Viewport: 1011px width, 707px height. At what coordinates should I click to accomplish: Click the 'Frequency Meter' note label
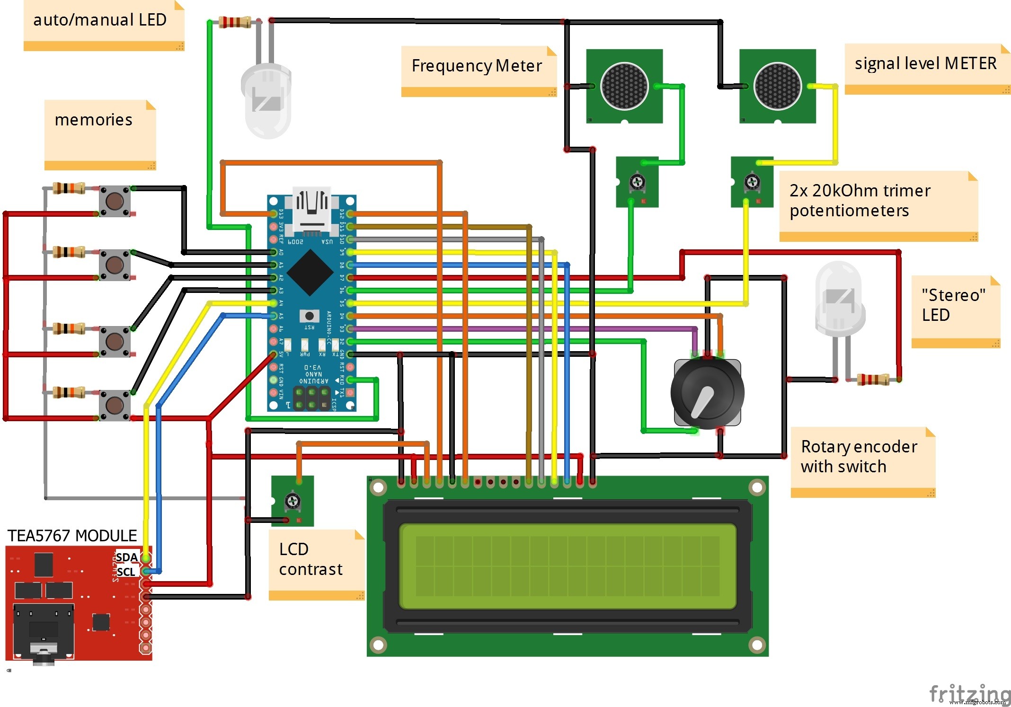(477, 66)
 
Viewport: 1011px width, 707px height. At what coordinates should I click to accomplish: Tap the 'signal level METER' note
(925, 63)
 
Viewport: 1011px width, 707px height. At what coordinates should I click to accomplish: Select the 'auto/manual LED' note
(100, 20)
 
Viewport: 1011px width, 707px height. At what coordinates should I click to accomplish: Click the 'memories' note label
(94, 120)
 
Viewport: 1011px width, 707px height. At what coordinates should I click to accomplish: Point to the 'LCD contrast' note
(311, 559)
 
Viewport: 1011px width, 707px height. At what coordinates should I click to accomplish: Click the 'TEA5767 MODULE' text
(72, 536)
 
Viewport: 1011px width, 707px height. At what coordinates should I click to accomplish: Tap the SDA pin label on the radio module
(126, 557)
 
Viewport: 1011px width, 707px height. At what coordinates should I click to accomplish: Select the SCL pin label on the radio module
(126, 572)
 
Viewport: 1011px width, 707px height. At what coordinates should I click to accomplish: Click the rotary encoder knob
(707, 393)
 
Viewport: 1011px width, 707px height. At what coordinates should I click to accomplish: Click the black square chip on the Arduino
(310, 273)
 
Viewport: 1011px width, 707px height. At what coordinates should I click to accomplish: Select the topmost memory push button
(115, 201)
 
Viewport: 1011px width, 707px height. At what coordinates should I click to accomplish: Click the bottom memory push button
(115, 405)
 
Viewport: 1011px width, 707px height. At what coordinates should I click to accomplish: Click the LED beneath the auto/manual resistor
(266, 99)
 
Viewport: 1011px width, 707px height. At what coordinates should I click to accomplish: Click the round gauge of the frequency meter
(624, 86)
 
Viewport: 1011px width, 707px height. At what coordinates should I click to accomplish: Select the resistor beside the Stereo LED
(873, 379)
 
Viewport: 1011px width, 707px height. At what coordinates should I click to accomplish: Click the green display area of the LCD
(568, 566)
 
